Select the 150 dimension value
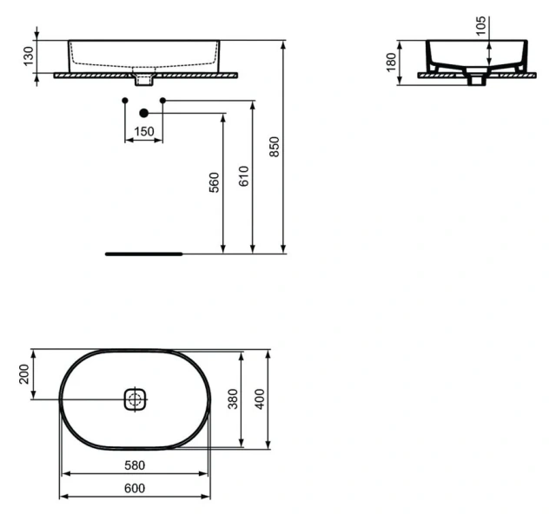coord(143,131)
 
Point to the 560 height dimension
coord(214,182)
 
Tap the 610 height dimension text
coord(242,177)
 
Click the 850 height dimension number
coord(276,148)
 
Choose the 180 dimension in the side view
coord(391,63)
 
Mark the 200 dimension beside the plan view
coord(25,375)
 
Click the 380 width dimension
coord(234,400)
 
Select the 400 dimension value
coord(258,400)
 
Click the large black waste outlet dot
coord(144,112)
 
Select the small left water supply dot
coord(125,102)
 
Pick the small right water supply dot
coord(162,102)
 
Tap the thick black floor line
coord(143,254)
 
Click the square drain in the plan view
coord(134,399)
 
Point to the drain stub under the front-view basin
coord(144,81)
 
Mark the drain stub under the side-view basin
coord(475,81)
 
